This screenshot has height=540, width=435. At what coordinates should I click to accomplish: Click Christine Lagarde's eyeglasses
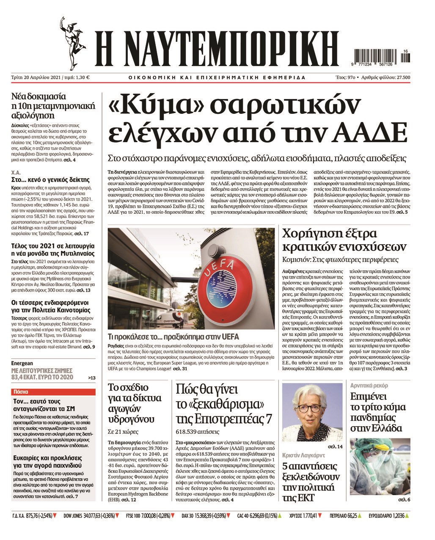309,408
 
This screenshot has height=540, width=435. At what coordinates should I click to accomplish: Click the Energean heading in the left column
22,363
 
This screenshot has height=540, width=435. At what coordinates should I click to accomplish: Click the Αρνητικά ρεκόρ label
369,386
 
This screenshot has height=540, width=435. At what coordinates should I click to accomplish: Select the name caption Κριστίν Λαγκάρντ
304,456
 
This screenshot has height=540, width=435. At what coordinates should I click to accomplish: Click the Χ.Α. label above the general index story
16,173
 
